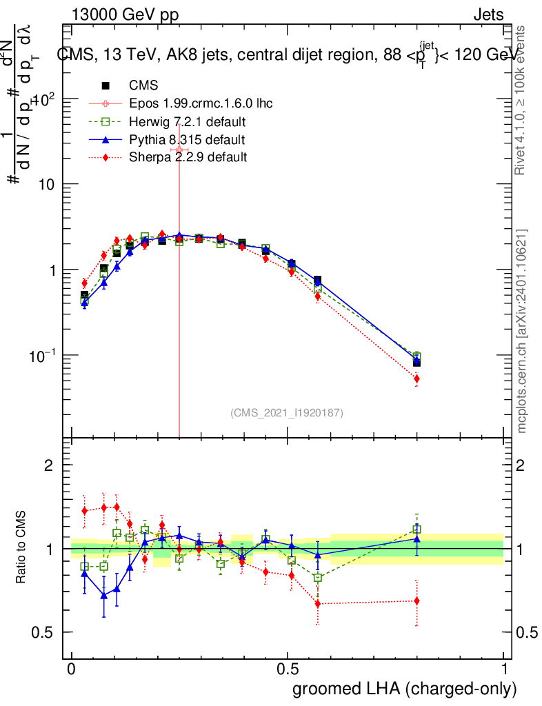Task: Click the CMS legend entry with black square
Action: point(143,85)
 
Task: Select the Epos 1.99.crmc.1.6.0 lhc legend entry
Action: point(201,103)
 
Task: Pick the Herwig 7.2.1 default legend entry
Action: point(188,122)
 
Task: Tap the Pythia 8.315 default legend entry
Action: point(187,140)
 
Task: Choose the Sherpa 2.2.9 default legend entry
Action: point(188,157)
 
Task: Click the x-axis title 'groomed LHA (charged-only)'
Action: point(405,689)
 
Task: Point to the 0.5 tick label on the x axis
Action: point(288,669)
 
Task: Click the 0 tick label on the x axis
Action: point(72,669)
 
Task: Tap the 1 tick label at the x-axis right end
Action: point(504,669)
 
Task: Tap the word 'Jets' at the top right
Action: point(488,15)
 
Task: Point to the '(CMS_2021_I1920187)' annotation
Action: point(287,412)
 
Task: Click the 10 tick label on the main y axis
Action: point(46,185)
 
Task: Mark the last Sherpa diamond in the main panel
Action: point(416,379)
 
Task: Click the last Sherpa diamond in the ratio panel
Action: point(416,601)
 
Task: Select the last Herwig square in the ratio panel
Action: point(416,529)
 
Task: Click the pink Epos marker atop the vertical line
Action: point(179,150)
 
